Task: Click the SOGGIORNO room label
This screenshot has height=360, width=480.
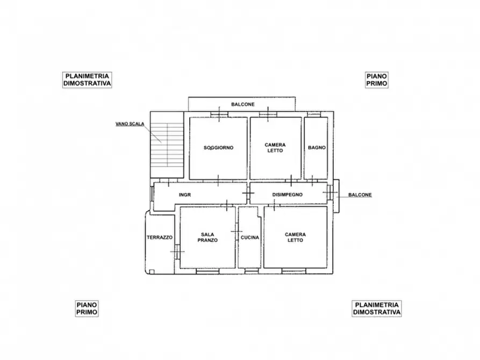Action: (218, 148)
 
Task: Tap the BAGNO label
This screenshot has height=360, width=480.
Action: (317, 148)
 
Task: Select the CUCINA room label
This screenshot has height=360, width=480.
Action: (250, 237)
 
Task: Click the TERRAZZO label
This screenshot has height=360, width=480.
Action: (160, 237)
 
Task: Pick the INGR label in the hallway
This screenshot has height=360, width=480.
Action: (185, 195)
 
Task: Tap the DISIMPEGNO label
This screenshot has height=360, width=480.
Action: (288, 195)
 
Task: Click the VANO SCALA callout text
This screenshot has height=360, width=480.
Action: (130, 124)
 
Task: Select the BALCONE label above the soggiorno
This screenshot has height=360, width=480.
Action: (242, 104)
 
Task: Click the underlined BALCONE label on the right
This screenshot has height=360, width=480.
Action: (360, 195)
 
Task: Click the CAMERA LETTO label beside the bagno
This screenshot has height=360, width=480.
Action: (275, 148)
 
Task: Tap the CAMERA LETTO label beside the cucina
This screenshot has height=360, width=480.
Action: (295, 237)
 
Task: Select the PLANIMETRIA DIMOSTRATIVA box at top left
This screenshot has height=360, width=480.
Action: (87, 80)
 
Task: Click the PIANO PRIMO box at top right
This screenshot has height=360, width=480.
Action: (377, 80)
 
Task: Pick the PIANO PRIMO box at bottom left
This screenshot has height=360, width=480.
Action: (87, 308)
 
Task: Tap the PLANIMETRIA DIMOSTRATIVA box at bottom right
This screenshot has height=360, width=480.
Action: (377, 308)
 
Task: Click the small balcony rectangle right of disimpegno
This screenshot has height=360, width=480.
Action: (335, 195)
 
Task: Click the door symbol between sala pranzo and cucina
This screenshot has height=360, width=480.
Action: (237, 231)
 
